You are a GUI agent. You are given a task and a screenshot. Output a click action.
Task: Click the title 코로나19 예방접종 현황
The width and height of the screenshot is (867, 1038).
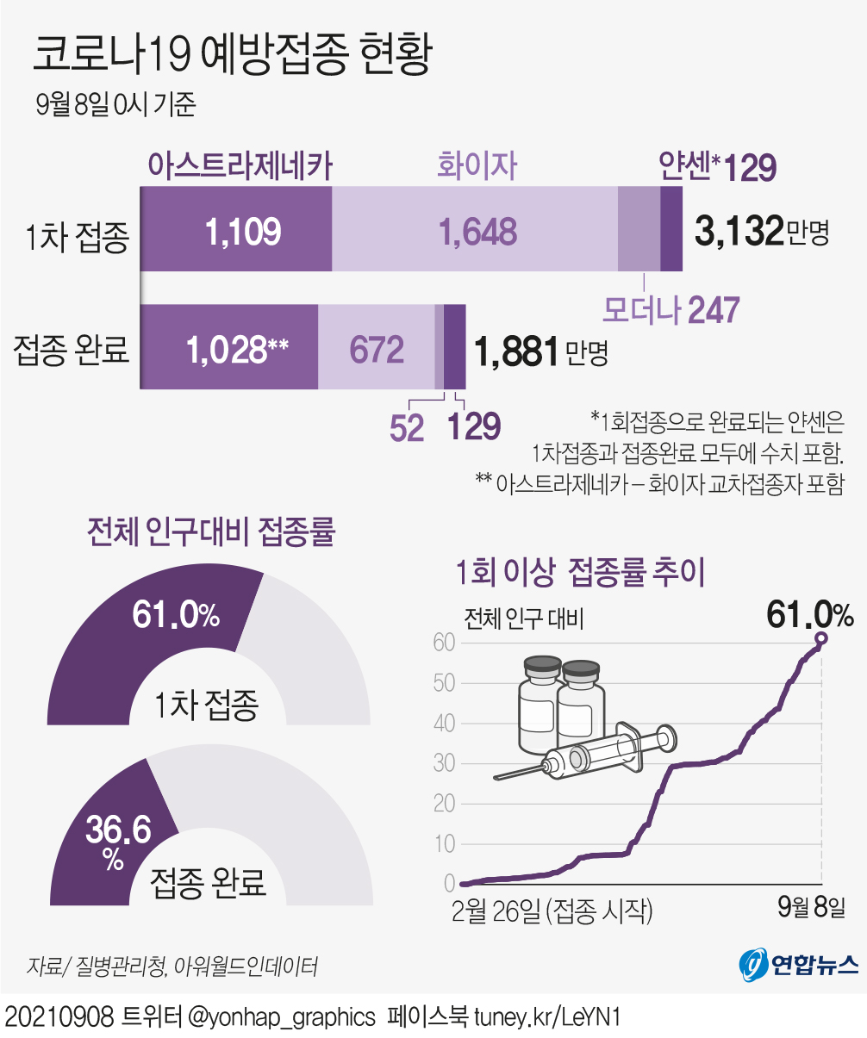(231, 55)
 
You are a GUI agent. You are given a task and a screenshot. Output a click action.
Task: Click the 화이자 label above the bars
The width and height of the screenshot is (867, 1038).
(477, 165)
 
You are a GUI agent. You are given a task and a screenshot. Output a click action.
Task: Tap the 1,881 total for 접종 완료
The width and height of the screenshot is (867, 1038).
(515, 351)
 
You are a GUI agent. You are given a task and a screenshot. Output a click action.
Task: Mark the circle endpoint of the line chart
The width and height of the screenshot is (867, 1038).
(820, 638)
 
